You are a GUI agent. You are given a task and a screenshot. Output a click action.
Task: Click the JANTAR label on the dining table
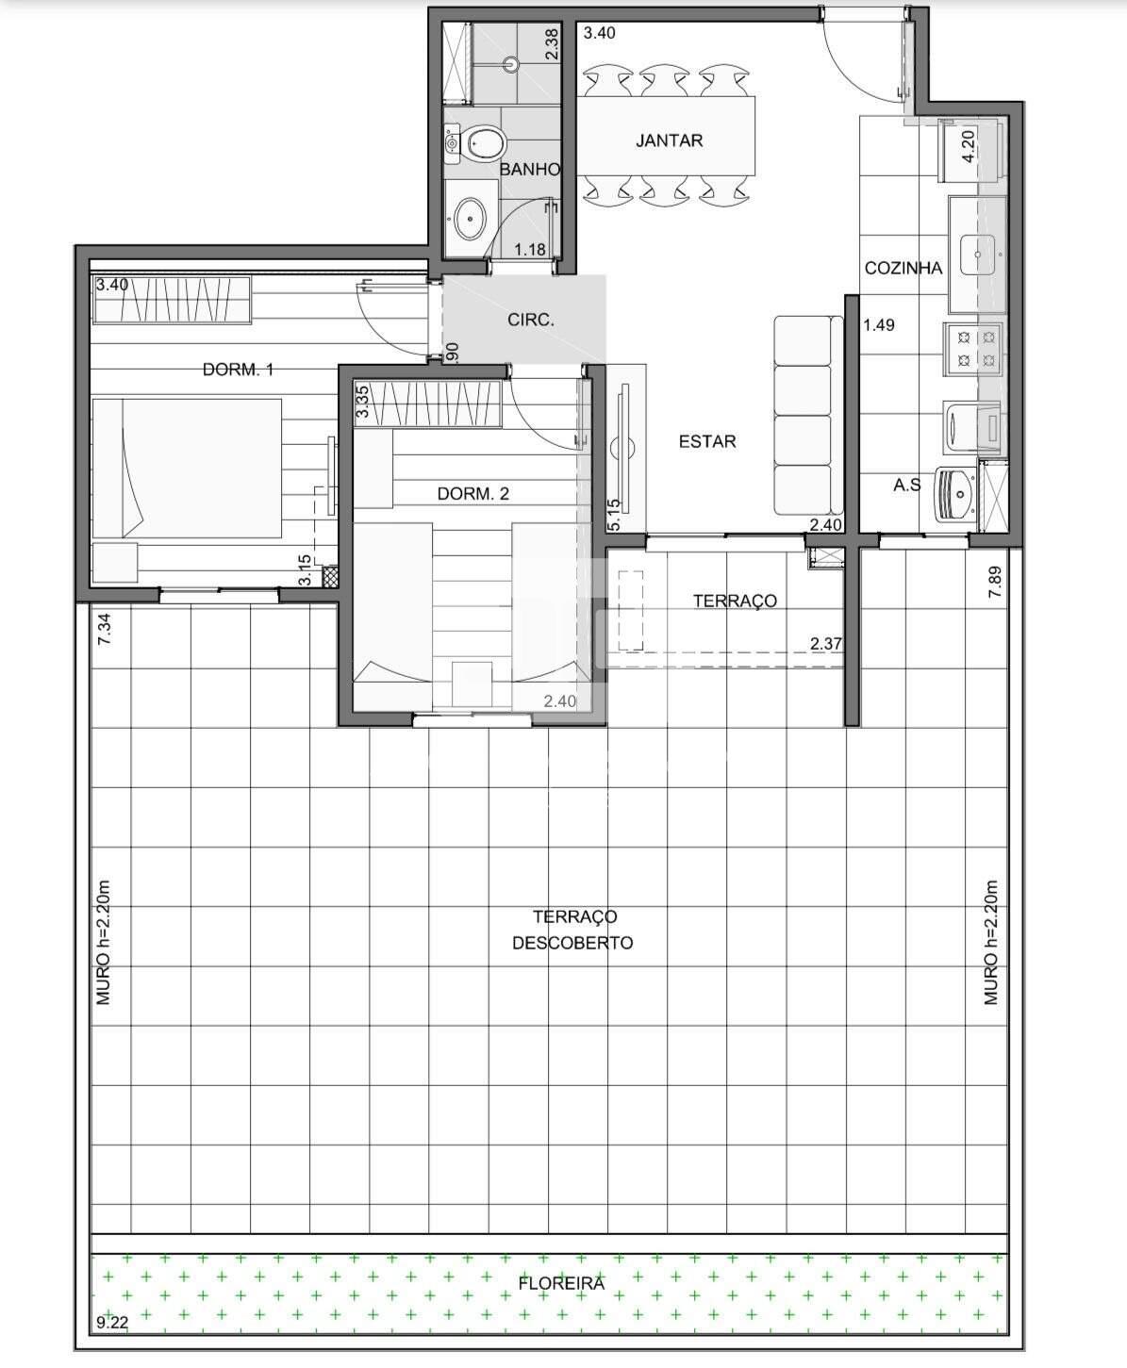coord(669,140)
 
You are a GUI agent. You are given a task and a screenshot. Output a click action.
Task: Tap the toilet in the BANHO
coord(480,144)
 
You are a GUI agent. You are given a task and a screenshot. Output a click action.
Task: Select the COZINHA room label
coord(903,269)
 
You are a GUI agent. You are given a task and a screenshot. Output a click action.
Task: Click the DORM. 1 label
coord(238,370)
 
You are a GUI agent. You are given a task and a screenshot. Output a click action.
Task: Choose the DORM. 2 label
coord(472,494)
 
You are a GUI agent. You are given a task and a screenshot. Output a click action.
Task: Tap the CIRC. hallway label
coord(531,321)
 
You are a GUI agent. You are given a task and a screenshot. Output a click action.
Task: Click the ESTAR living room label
coord(706,441)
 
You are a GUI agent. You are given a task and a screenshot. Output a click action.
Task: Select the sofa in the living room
coord(808,416)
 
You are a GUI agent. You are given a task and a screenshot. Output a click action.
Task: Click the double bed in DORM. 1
coord(187,469)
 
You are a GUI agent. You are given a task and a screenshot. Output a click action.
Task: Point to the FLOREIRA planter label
coord(560,1283)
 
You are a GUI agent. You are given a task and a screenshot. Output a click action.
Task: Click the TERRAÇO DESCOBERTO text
coord(572,930)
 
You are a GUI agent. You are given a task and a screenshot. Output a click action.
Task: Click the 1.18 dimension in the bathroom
coord(530,250)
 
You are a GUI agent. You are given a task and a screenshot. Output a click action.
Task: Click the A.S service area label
coord(906,486)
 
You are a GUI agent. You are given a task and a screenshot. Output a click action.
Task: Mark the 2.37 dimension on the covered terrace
coord(825,644)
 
